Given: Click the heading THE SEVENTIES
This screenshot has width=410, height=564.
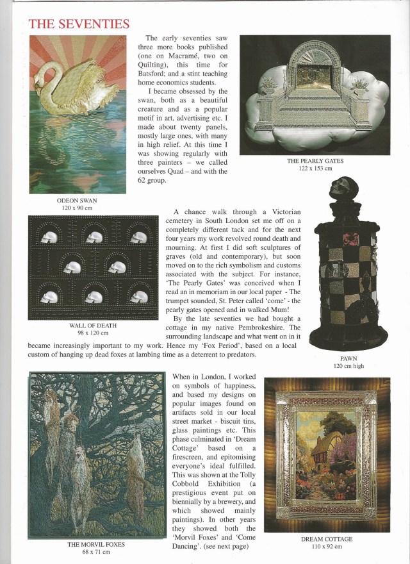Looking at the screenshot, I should click(79, 24).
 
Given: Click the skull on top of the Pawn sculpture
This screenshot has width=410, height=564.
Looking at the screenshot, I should click(338, 190).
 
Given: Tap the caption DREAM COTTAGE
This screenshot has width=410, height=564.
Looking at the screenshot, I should click(327, 539).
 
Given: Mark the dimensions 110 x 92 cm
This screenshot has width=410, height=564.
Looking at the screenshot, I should click(327, 547).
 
